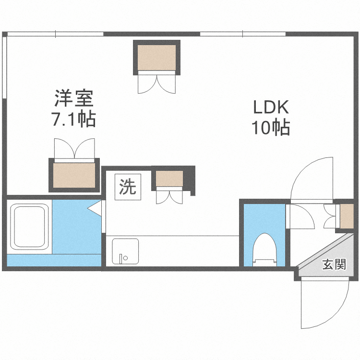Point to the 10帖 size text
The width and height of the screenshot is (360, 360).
click(x=270, y=128)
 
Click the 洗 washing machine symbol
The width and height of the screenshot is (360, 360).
click(x=128, y=186)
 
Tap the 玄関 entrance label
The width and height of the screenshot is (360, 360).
click(x=334, y=265)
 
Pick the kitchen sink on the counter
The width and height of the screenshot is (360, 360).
click(x=125, y=251)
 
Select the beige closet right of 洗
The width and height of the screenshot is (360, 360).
click(x=169, y=179)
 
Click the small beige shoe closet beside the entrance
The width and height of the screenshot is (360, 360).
click(x=347, y=216)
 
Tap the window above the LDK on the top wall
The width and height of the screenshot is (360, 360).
click(x=242, y=34)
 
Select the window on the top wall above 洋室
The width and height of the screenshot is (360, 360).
click(x=55, y=34)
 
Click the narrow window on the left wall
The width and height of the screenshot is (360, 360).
click(x=5, y=67)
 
